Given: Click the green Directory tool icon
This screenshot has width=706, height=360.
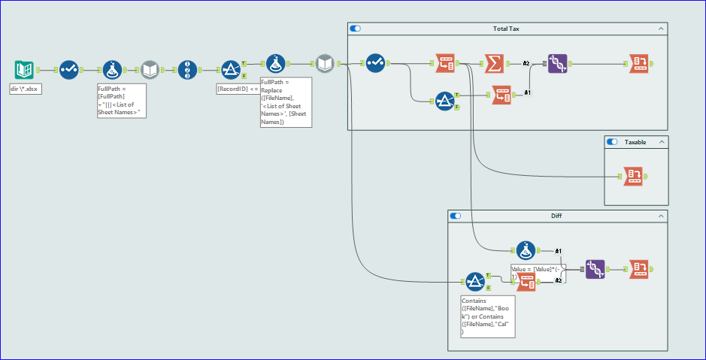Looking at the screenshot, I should coord(24,70).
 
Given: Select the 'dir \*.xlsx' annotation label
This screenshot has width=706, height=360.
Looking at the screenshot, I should coord(25,89).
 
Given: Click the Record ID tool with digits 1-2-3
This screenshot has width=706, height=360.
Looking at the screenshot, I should coord(187,70).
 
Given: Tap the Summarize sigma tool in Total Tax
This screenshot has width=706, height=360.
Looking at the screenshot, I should coord(493,64).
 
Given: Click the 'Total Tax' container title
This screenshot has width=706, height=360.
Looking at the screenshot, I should coord(506,29).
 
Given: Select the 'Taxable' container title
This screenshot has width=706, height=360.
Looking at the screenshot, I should coord(636,141).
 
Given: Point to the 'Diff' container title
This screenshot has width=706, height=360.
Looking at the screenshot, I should coord(556,216).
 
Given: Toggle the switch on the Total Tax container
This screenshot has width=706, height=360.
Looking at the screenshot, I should coord(356,29).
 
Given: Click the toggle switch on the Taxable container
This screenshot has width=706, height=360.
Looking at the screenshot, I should coord(612,141).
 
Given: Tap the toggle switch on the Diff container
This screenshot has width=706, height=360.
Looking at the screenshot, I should coord(455,216).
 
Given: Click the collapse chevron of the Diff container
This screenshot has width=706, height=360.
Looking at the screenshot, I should coord(661,216).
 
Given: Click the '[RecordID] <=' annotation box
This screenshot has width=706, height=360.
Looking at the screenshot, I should coord(237,89).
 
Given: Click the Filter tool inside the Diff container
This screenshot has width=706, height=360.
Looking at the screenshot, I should coord(474,282).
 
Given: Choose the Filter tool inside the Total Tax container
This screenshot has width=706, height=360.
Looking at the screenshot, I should coord(444,100).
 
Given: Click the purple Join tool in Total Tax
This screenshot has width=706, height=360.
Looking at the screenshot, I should coord(557,64).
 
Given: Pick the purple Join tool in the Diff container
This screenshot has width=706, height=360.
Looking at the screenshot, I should coord(595,268).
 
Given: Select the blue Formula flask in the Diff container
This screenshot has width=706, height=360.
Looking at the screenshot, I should coord(526,251).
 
